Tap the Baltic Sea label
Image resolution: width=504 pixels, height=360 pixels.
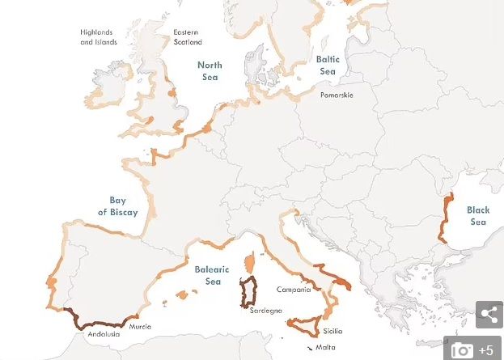pos(327,65)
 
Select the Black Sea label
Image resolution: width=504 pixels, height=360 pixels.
pos(478,216)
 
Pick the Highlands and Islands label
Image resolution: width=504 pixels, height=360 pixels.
pos(97,37)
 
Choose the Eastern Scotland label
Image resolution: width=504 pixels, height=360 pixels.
pos(187,37)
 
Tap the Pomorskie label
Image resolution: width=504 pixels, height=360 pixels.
pos(336,95)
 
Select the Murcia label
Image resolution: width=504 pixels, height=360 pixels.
pos(140,327)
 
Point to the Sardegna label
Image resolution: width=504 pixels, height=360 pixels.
pos(265,311)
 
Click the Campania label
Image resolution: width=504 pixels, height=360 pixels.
pos(293,290)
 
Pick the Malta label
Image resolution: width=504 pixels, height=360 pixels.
pos(325,348)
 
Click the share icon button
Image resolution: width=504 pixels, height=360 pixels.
pos(489,315)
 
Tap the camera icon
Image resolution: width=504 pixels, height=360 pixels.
pos(463,349)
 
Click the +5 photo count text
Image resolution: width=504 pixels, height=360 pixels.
pos(486,350)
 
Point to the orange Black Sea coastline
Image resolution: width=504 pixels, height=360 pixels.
pos(446,217)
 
